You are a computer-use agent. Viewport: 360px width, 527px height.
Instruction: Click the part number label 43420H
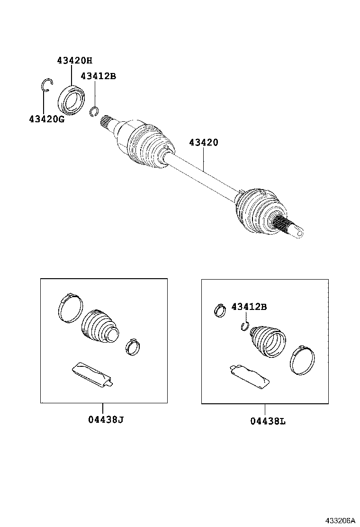click(x=74, y=61)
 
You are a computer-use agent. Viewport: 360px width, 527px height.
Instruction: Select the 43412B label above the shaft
click(x=98, y=76)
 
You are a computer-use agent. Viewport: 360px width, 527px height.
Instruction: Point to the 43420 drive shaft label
click(x=204, y=142)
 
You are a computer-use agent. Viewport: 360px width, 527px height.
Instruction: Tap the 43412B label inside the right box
click(x=249, y=307)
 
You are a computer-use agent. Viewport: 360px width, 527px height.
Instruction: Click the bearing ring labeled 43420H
click(x=72, y=99)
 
